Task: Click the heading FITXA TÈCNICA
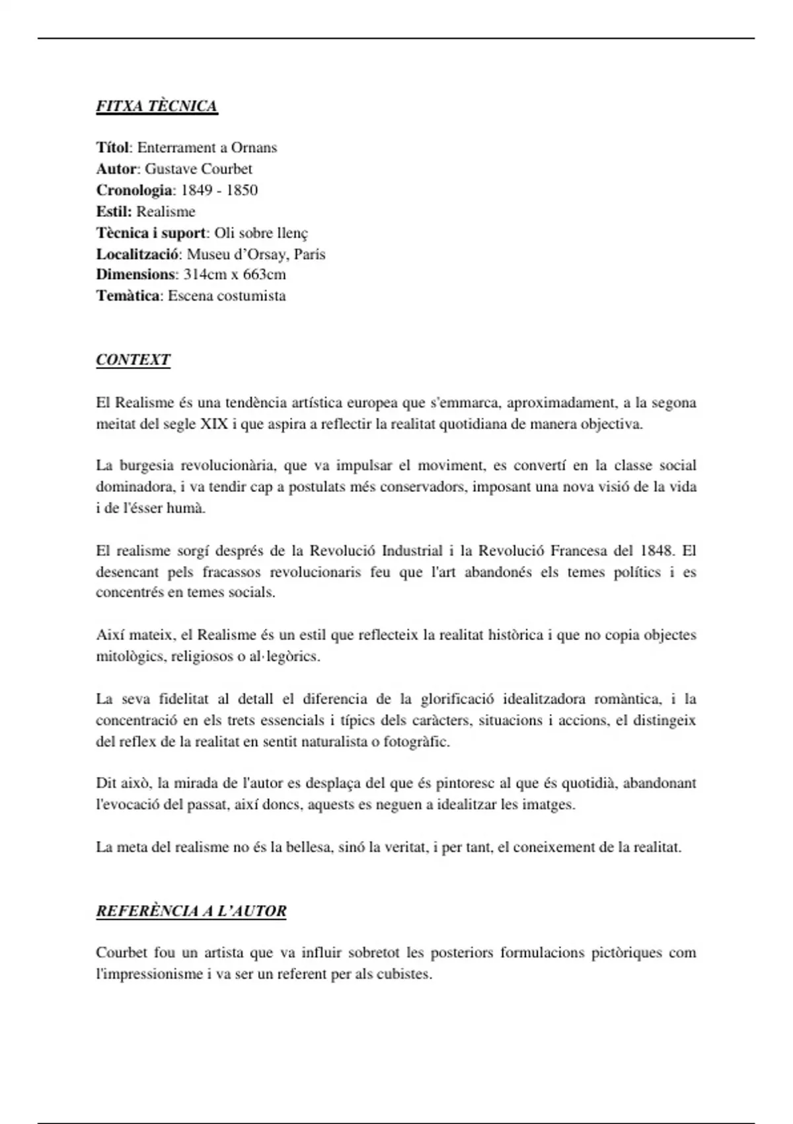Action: (157, 106)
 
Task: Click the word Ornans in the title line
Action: (254, 147)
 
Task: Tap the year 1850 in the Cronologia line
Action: (242, 190)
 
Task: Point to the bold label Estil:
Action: (114, 212)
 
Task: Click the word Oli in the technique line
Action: (225, 233)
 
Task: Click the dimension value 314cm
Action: (205, 274)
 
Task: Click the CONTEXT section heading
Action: (133, 360)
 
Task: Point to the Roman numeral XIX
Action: (213, 424)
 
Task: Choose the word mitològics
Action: (130, 657)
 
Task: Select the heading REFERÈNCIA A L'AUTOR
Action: (191, 911)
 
